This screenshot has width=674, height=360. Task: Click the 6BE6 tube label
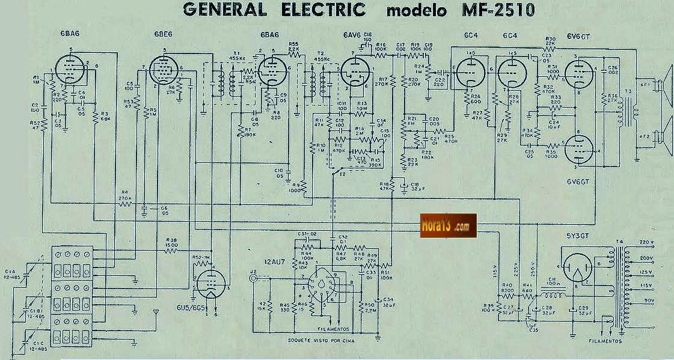coord(158,35)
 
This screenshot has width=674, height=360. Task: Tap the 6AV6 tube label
coord(352,35)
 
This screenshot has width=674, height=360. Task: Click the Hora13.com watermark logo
coord(449,225)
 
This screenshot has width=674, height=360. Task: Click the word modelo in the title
coord(414,11)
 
